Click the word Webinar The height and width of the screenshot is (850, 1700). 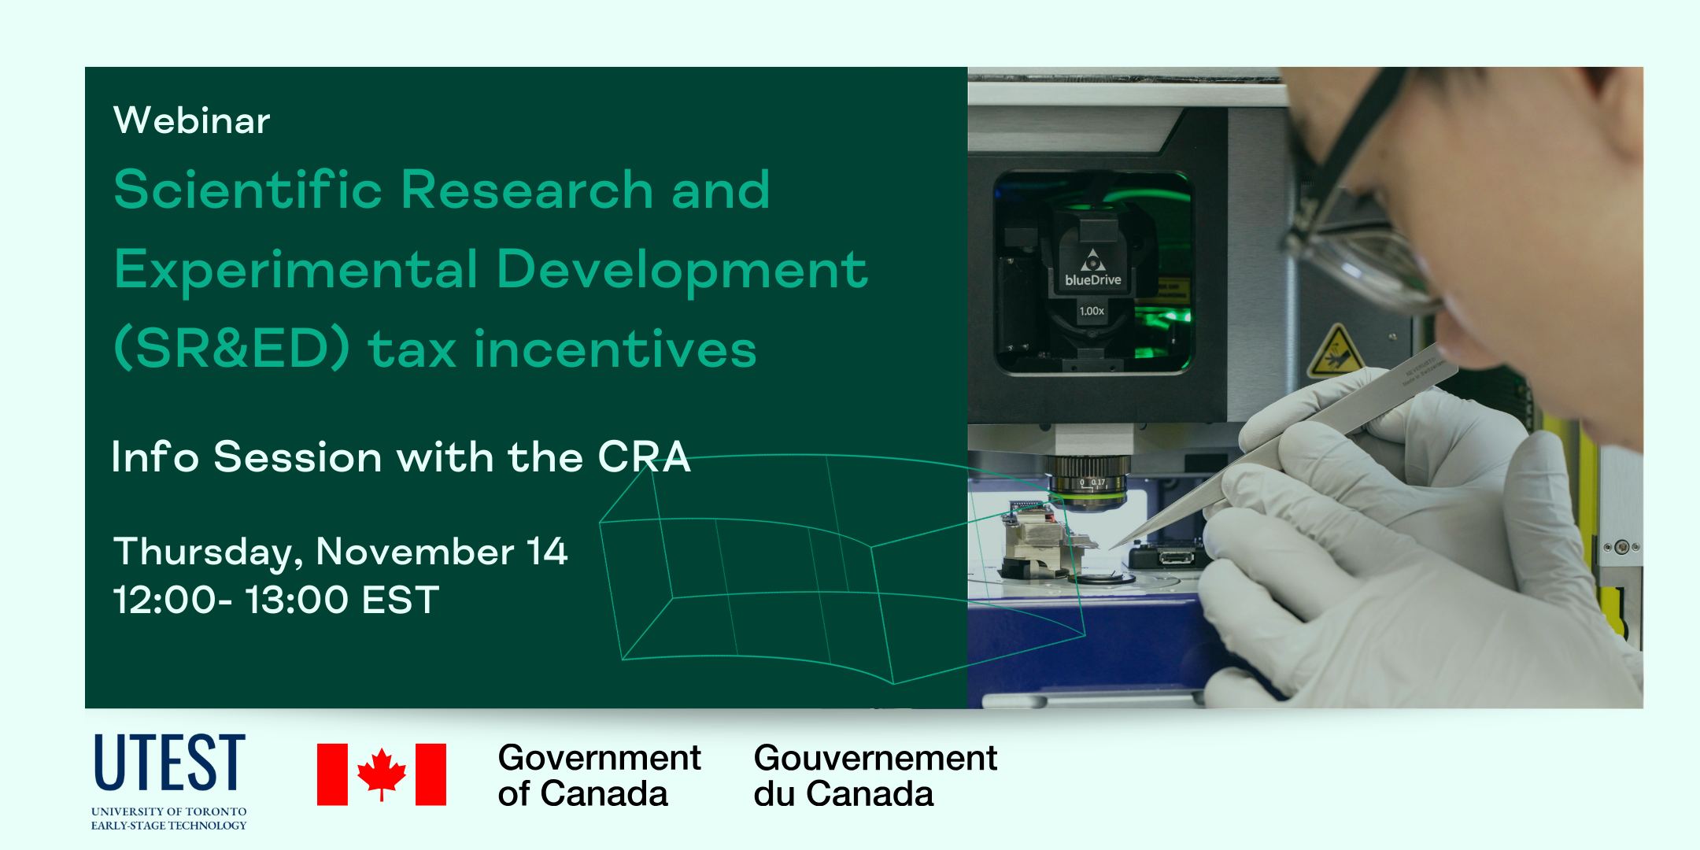point(192,120)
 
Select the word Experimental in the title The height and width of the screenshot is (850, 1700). point(296,269)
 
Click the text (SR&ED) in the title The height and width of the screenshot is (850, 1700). point(232,349)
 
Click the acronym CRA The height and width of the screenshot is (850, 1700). point(644,456)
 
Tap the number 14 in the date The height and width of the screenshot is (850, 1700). point(547,551)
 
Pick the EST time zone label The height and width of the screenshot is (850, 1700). point(401,600)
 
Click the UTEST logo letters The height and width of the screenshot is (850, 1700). point(170,762)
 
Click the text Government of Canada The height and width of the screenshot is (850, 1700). point(599,775)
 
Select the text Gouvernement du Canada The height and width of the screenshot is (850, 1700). point(875,775)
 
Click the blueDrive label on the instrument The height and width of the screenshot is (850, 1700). point(1093,279)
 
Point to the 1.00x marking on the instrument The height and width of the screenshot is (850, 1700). point(1092,311)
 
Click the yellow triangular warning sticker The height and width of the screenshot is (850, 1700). point(1335,352)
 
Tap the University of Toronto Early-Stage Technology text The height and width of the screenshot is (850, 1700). point(169,819)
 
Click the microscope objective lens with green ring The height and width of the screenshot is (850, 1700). point(1088,482)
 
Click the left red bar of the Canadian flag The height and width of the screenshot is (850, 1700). point(332,774)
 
